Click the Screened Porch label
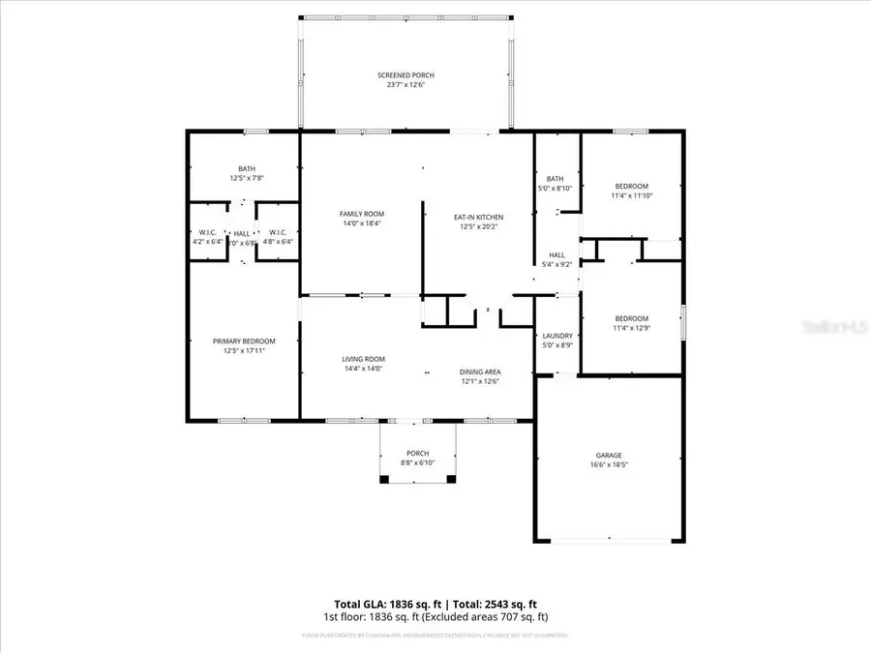click(x=405, y=75)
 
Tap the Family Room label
click(x=362, y=214)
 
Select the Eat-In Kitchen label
click(x=479, y=218)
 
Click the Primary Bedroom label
click(x=244, y=341)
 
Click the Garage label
click(x=609, y=455)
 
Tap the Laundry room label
click(x=557, y=336)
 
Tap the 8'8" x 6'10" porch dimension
click(x=417, y=462)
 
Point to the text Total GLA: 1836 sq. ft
click(x=385, y=603)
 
